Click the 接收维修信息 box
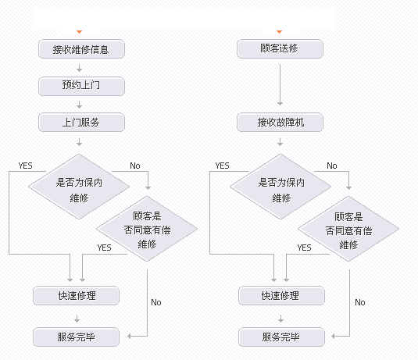coord(80,49)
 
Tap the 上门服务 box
coord(80,123)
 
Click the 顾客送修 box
coord(279,49)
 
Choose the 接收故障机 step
coord(279,123)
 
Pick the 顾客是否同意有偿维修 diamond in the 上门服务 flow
coord(147,229)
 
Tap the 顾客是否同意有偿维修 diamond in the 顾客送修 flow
coord(349,229)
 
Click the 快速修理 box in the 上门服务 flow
coord(76,295)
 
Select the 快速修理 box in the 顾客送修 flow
coord(280,295)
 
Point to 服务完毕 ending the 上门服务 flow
coord(76,337)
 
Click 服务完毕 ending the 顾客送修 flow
coord(280,337)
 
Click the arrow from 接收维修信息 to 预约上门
coord(80,68)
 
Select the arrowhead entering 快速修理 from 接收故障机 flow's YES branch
coord(273,279)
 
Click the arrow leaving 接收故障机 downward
coord(279,142)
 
